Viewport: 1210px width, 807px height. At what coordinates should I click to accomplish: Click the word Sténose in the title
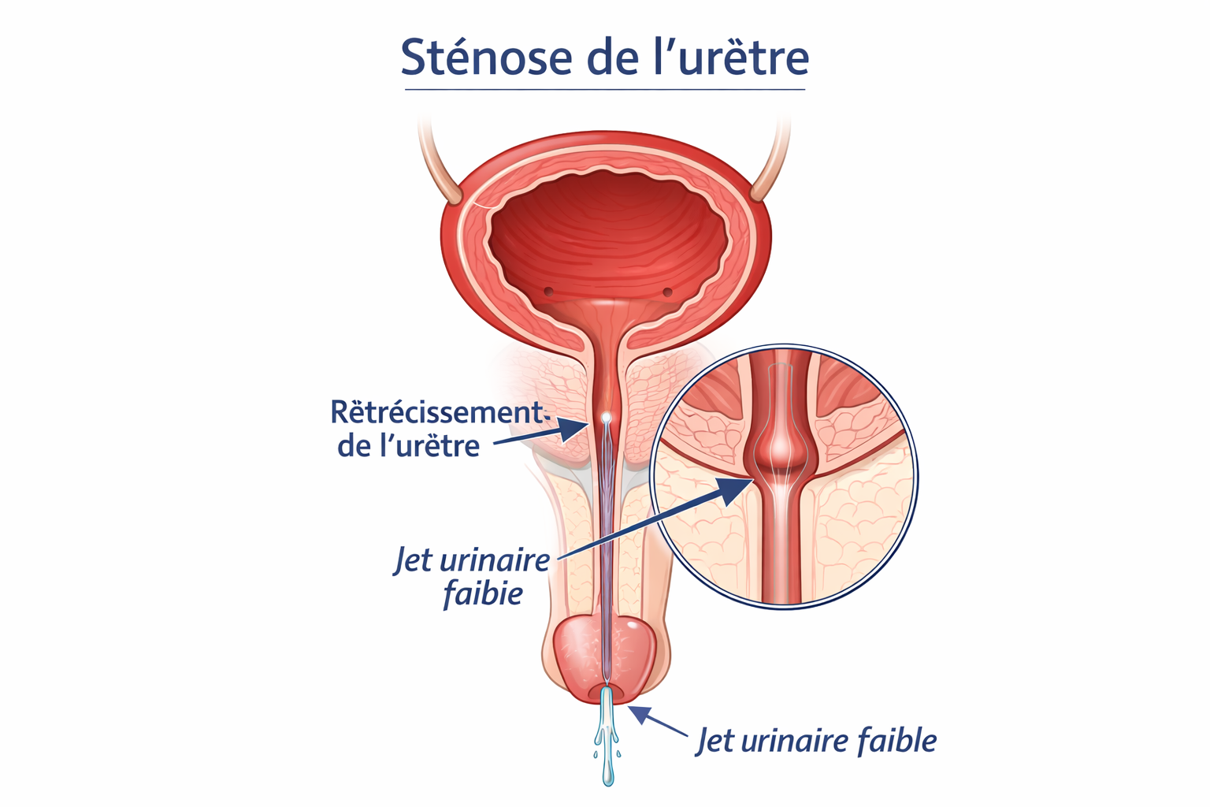[x=486, y=56]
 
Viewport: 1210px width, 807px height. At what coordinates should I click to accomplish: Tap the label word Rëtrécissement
[x=437, y=412]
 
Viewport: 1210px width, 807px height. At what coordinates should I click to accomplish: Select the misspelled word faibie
[x=483, y=593]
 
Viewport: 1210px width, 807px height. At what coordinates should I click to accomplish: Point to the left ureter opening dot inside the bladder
[x=549, y=292]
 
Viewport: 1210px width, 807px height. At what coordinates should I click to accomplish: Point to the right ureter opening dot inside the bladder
[x=668, y=292]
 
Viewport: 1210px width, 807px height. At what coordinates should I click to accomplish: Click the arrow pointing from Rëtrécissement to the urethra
[x=541, y=434]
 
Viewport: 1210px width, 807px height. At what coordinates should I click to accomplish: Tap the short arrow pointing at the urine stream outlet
[x=659, y=720]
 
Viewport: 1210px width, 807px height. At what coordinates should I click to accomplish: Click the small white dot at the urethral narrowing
[x=606, y=417]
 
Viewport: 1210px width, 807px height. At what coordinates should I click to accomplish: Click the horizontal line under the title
[x=605, y=89]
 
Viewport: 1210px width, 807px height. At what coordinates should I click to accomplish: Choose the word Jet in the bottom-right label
[x=716, y=740]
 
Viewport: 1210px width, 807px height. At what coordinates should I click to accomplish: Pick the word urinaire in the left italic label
[x=494, y=560]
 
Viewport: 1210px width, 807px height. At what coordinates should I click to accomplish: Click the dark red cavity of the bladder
[x=607, y=238]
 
